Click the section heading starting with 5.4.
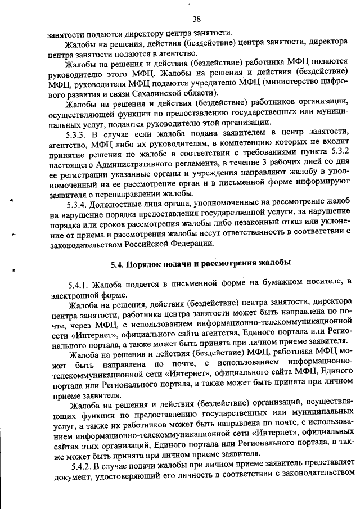coord(200,263)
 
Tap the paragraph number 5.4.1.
coord(80,282)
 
